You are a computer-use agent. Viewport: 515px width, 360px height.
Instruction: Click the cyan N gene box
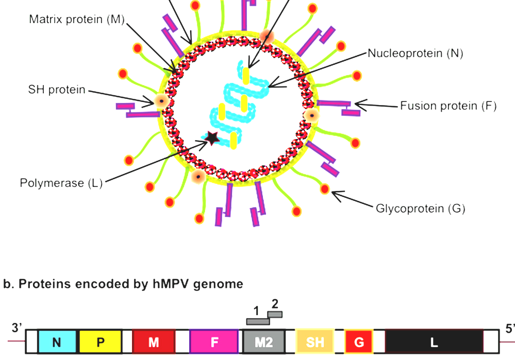pyautogui.click(x=57, y=342)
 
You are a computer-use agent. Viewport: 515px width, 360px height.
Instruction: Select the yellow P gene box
pyautogui.click(x=101, y=342)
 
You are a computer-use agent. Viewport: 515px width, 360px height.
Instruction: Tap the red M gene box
pyautogui.click(x=153, y=342)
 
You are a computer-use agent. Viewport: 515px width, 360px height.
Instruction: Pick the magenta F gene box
pyautogui.click(x=214, y=342)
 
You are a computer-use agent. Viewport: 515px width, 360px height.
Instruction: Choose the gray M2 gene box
pyautogui.click(x=263, y=342)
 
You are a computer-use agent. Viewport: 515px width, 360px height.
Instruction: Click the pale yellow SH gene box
pyautogui.click(x=315, y=342)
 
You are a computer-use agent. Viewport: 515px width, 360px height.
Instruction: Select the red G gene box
pyautogui.click(x=359, y=342)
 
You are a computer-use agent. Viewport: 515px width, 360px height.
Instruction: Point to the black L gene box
pyautogui.click(x=434, y=342)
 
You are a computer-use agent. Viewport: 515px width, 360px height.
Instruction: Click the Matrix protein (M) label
pyautogui.click(x=77, y=20)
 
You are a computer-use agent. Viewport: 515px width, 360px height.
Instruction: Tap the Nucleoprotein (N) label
pyautogui.click(x=415, y=53)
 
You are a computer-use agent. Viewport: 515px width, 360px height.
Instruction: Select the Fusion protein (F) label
pyautogui.click(x=448, y=106)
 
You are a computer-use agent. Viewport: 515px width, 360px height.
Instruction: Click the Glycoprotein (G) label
pyautogui.click(x=421, y=209)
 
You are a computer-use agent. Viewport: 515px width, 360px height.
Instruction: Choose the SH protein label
pyautogui.click(x=57, y=90)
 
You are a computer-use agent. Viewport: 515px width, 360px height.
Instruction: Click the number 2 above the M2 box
pyautogui.click(x=275, y=303)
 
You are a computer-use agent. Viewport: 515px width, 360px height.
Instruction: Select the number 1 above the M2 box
pyautogui.click(x=256, y=311)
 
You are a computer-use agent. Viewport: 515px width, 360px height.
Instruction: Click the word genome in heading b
pyautogui.click(x=218, y=284)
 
